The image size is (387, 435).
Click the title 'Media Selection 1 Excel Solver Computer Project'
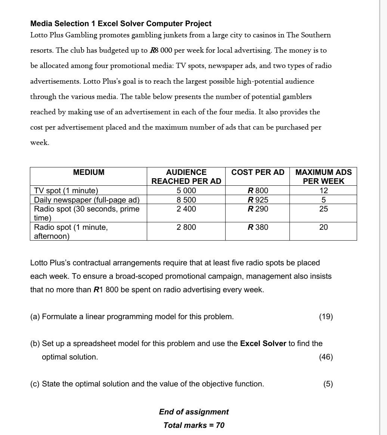(x=121, y=24)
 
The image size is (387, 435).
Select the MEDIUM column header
(x=89, y=172)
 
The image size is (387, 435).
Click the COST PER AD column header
(x=258, y=172)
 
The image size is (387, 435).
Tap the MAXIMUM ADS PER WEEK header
(x=323, y=176)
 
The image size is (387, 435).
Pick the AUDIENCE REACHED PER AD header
(x=186, y=176)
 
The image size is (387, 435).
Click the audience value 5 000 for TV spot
(x=186, y=191)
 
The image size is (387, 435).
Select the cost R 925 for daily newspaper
(x=258, y=200)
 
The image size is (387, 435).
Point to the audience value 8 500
(x=186, y=200)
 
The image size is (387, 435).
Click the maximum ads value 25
(x=323, y=209)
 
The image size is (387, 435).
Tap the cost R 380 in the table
(x=258, y=227)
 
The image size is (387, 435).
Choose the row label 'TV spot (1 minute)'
(x=66, y=191)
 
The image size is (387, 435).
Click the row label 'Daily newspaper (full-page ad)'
(x=87, y=200)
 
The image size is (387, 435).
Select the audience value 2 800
(x=186, y=227)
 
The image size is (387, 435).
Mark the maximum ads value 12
(x=323, y=191)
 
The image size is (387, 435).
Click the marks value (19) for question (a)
(x=326, y=317)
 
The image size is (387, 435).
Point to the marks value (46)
(x=326, y=357)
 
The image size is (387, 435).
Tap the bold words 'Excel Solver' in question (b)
(x=263, y=343)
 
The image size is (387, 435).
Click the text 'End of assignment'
(x=193, y=412)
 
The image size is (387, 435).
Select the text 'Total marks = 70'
(x=193, y=425)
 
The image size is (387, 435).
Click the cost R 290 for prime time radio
(x=258, y=209)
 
